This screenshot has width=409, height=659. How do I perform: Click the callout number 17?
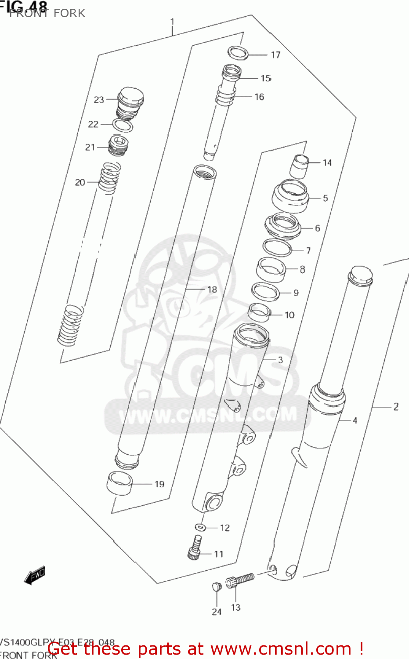coord(275,55)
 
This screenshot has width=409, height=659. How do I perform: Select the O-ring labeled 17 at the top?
coord(238,53)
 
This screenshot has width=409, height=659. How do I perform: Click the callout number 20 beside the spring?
coord(80,182)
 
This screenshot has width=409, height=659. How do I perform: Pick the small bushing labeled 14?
coord(300,166)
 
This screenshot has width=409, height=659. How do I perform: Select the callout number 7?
coord(308,250)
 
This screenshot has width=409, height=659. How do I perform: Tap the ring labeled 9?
coord(265,292)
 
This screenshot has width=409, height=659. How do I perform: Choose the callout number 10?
coord(290,315)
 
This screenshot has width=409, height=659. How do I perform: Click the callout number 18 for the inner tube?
coord(212,290)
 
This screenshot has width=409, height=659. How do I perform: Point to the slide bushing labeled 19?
coord(119,483)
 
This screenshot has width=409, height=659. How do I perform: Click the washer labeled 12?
coord(200,526)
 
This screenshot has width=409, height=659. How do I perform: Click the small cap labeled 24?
coord(215,586)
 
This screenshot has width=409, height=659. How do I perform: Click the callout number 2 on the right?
coord(396,407)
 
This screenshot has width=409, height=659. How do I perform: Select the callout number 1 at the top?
coord(173,22)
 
